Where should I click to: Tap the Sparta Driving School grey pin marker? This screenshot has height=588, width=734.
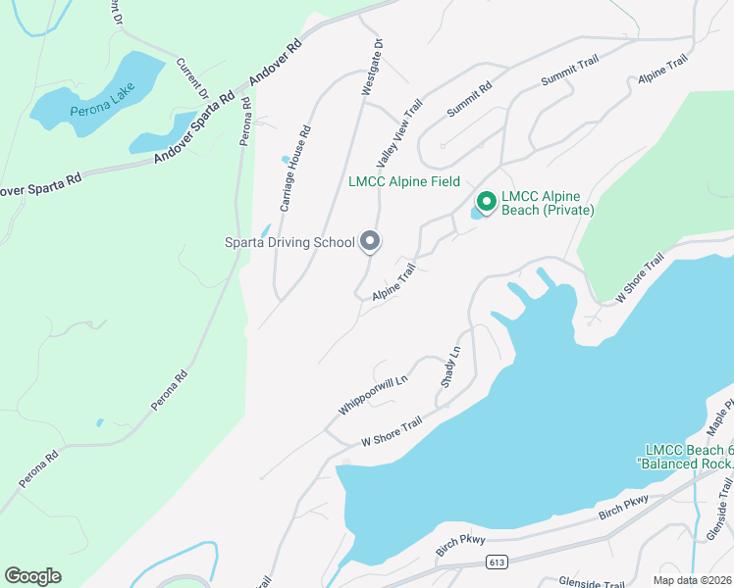coord(370,240)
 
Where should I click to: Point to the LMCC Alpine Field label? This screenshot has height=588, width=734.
coord(404,182)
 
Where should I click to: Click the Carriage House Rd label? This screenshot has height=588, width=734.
coord(295,169)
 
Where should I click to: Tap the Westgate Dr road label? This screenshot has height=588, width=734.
coord(371,68)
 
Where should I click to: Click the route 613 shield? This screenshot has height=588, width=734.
coord(496,563)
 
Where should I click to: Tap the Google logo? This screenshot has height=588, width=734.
coord(32,576)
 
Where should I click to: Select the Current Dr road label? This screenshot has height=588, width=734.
coord(192,78)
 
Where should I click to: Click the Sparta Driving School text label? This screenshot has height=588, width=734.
coord(288,242)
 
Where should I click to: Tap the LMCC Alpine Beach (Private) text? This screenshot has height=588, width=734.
coord(548,202)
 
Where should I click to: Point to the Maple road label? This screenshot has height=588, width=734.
coord(719,417)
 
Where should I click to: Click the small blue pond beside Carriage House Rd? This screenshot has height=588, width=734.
coord(286,159)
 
